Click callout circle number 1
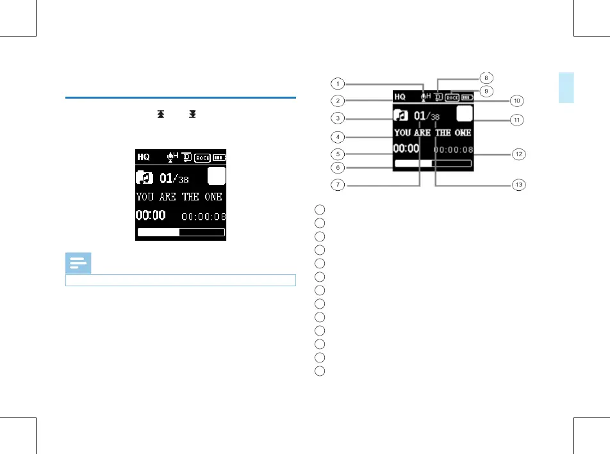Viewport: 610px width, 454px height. (x=337, y=83)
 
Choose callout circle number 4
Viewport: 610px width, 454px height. (x=337, y=136)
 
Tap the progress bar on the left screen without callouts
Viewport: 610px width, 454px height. (x=181, y=232)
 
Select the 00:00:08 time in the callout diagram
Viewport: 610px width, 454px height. (x=453, y=149)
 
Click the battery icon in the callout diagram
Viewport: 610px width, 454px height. (x=466, y=98)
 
